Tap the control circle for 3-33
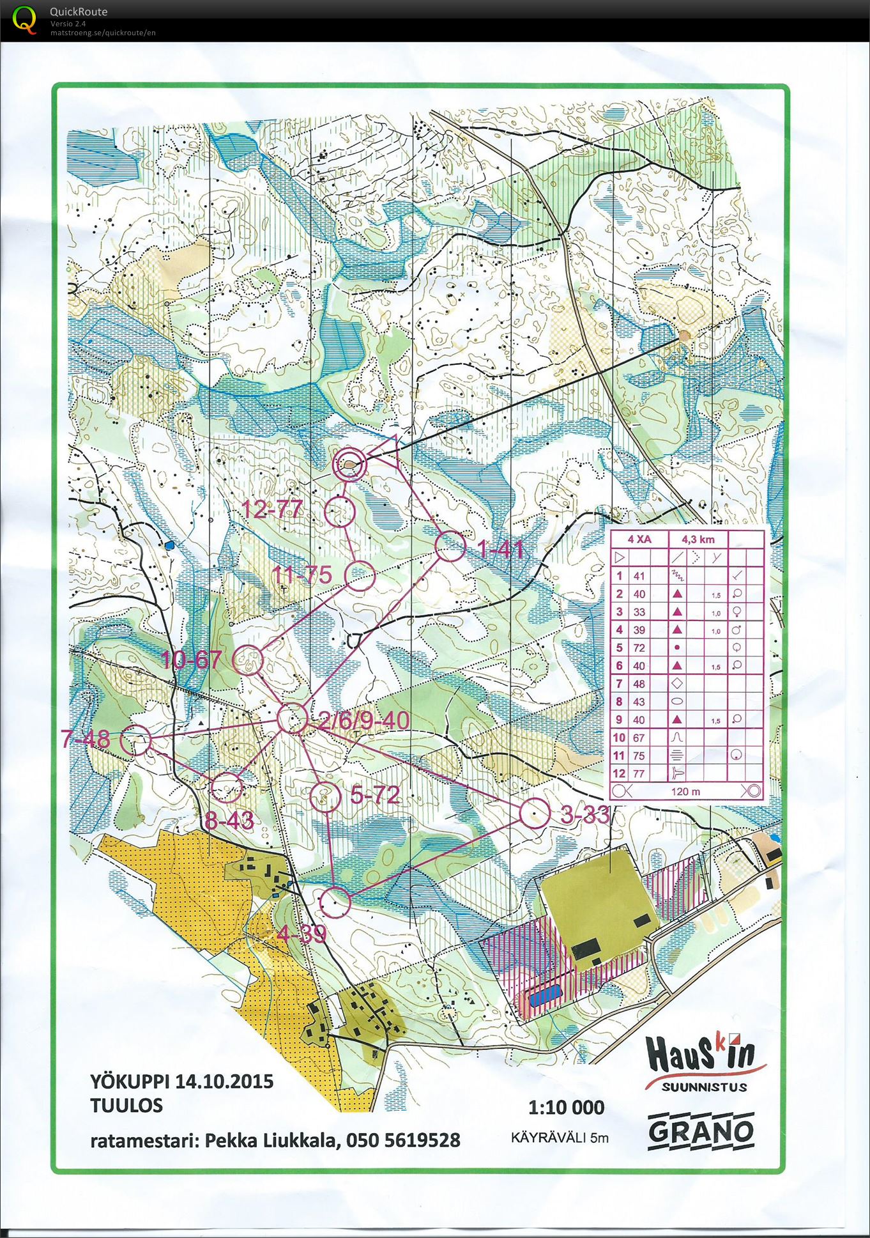[535, 814]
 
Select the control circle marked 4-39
[335, 903]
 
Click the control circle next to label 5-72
[325, 796]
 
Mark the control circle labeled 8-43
[227, 787]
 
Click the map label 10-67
[192, 660]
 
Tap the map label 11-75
[302, 574]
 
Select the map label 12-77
[273, 509]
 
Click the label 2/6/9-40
[364, 720]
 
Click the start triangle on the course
[385, 447]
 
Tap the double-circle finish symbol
[349, 465]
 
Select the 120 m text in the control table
[685, 791]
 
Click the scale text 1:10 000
[566, 1106]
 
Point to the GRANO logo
[701, 1131]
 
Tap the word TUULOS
[126, 1105]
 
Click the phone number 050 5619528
[403, 1140]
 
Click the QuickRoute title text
[79, 12]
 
